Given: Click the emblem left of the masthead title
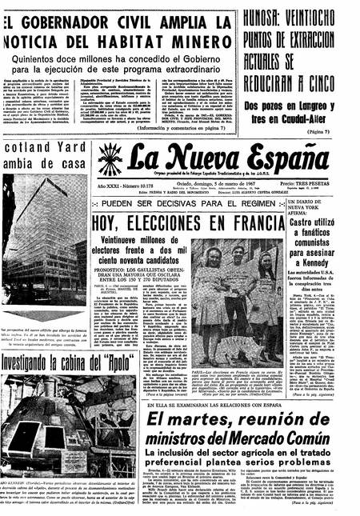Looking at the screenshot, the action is pos(110,160).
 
